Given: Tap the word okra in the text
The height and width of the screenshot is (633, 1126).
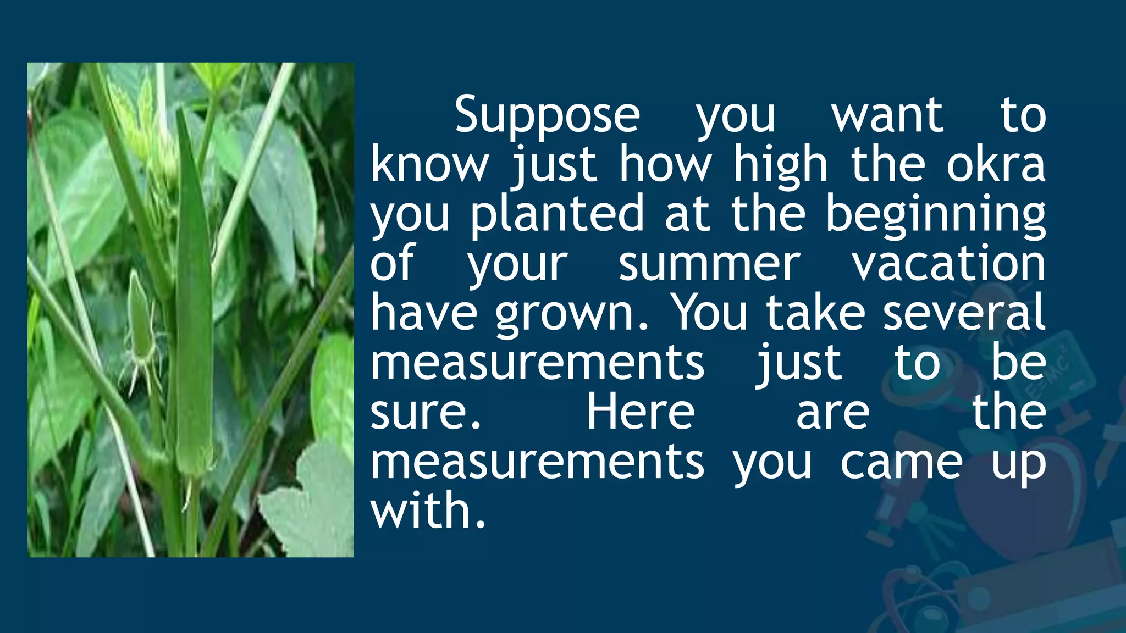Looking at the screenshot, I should pos(995,165).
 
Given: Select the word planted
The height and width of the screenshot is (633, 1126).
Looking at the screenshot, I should pos(556,214).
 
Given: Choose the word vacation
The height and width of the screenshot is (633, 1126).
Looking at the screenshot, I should pos(949,264).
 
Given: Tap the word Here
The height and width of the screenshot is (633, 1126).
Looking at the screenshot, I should pos(641,412).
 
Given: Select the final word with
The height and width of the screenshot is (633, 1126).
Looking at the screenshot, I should pos(428,511).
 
